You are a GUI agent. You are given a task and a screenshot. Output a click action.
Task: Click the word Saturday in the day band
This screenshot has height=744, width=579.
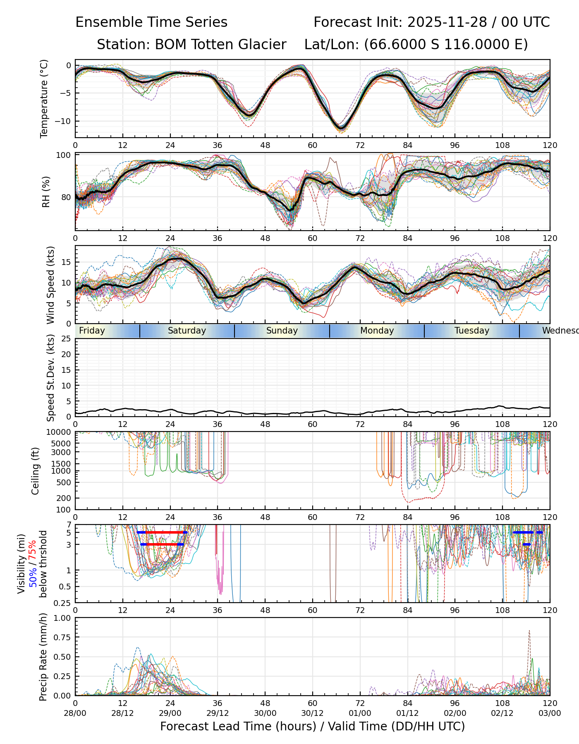coord(187,331)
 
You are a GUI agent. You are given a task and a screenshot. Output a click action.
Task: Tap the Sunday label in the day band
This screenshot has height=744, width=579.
coord(282,331)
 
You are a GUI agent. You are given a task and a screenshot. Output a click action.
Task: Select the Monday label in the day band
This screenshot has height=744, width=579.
coord(377,331)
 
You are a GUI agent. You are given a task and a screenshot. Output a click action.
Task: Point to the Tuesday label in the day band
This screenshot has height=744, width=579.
coord(472,331)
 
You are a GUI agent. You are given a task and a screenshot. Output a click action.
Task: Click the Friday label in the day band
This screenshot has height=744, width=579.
coord(92,331)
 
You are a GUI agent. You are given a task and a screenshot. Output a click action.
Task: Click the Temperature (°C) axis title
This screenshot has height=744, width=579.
coord(44,98)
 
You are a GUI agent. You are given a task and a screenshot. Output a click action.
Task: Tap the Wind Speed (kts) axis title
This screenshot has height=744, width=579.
coord(50,285)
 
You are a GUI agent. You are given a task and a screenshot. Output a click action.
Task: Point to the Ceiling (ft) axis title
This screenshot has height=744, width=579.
coord(36,471)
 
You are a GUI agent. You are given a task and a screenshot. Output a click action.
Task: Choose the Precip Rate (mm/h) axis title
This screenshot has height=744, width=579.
coord(43,657)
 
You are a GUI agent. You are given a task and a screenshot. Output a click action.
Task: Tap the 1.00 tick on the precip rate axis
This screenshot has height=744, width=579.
coord(62,618)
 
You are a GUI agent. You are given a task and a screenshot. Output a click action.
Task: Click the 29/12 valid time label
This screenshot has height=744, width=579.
coord(218,713)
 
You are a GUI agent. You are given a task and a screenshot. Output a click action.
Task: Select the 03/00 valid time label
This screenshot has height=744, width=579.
coord(550,713)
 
